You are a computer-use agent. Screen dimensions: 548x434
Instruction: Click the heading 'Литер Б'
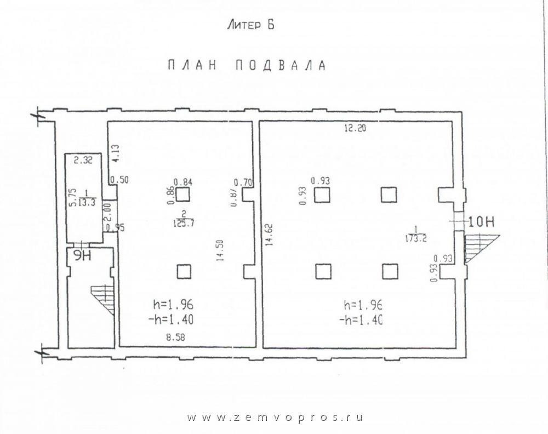tap(250, 25)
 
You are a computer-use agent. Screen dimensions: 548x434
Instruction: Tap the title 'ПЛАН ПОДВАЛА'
tap(247, 66)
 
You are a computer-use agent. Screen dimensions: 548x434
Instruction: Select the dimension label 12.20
tap(355, 128)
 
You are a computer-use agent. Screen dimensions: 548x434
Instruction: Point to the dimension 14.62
tap(269, 235)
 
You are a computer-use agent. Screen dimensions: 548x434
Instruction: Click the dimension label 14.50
tap(220, 250)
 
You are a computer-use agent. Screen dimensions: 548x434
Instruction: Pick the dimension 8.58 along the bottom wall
tap(175, 337)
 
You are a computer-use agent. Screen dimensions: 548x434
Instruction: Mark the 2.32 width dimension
tap(83, 161)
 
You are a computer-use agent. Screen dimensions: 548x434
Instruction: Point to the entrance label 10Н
tap(481, 222)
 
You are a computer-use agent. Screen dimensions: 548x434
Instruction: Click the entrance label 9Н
tap(83, 256)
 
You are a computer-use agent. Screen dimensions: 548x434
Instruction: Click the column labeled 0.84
tap(182, 195)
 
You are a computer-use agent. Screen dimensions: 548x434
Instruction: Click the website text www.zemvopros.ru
tap(275, 418)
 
